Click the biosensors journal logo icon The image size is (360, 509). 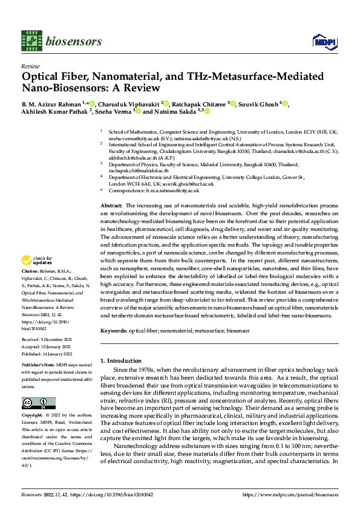tap(31, 40)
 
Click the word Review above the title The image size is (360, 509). tap(30, 65)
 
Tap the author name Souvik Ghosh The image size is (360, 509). tap(261, 104)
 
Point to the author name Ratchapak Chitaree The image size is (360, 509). tap(198, 104)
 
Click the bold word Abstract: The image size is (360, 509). tap(111, 207)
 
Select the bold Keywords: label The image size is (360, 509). tap(114, 331)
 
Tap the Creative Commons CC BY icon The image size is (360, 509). tap(38, 403)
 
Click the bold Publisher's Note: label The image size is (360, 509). tap(38, 366)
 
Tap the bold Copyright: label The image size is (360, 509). tap(32, 417)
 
